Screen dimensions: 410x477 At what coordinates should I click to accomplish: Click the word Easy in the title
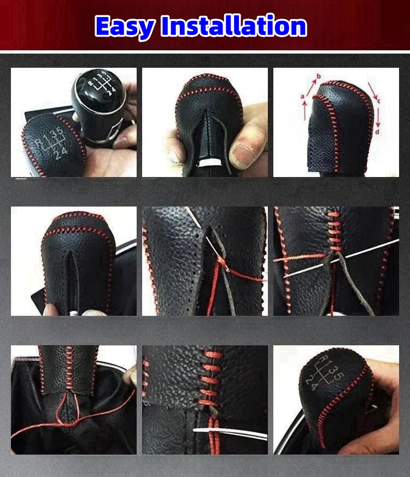[125, 27]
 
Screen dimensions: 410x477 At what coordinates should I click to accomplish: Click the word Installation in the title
[234, 26]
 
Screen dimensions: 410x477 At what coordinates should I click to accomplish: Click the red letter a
[302, 96]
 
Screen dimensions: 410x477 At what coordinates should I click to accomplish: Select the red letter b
[319, 76]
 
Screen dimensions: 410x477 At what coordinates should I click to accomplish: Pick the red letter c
[379, 100]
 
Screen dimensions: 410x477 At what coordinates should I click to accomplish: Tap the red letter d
[377, 132]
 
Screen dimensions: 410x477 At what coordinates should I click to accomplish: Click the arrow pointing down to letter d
[378, 117]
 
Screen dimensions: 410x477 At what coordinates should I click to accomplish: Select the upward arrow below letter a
[304, 110]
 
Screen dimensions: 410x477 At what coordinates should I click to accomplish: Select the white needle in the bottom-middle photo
[230, 433]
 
